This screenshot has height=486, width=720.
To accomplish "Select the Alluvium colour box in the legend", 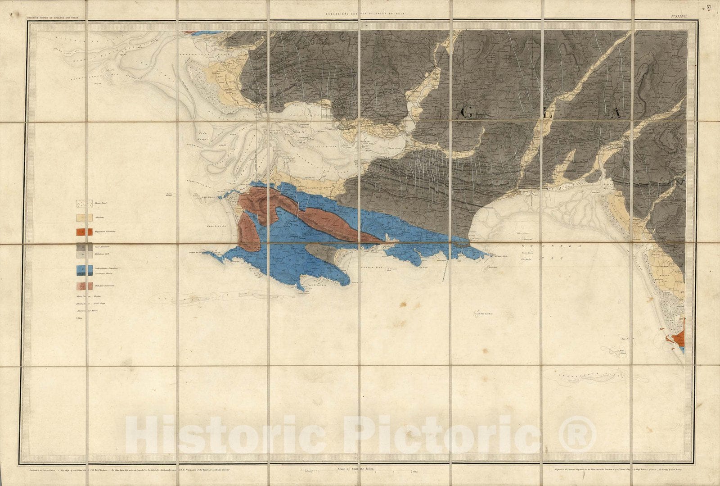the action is tap(84, 218).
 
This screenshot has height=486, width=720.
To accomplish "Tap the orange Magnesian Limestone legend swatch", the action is tap(84, 232).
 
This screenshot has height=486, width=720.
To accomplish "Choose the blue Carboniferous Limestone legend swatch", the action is tap(84, 270).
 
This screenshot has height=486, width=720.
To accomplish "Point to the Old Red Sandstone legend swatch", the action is tap(84, 286).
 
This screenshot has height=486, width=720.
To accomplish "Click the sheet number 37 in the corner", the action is tap(709, 7).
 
